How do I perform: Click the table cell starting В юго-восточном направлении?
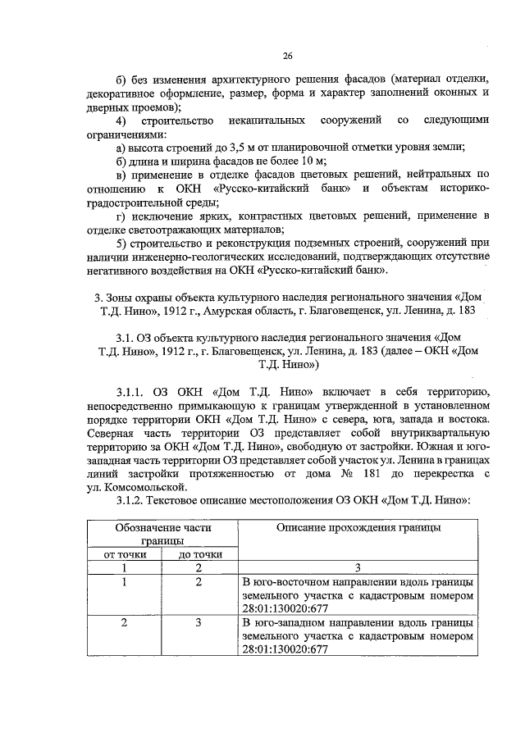tap(358, 594)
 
